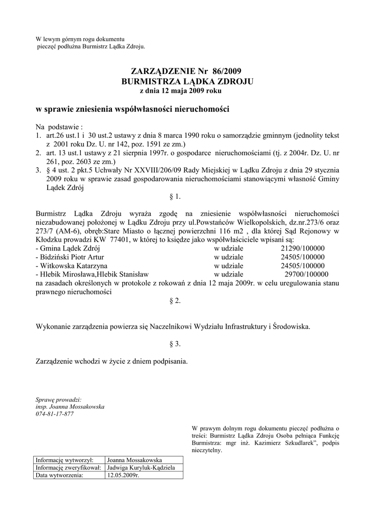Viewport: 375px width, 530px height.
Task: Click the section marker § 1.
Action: (x=175, y=197)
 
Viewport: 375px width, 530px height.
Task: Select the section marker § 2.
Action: (x=175, y=301)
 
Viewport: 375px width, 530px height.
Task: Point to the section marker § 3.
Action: (x=175, y=344)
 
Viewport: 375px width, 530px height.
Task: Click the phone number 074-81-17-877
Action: (x=54, y=415)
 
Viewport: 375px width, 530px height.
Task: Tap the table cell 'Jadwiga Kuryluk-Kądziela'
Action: (x=141, y=467)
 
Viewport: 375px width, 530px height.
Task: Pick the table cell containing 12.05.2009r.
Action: (x=123, y=475)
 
